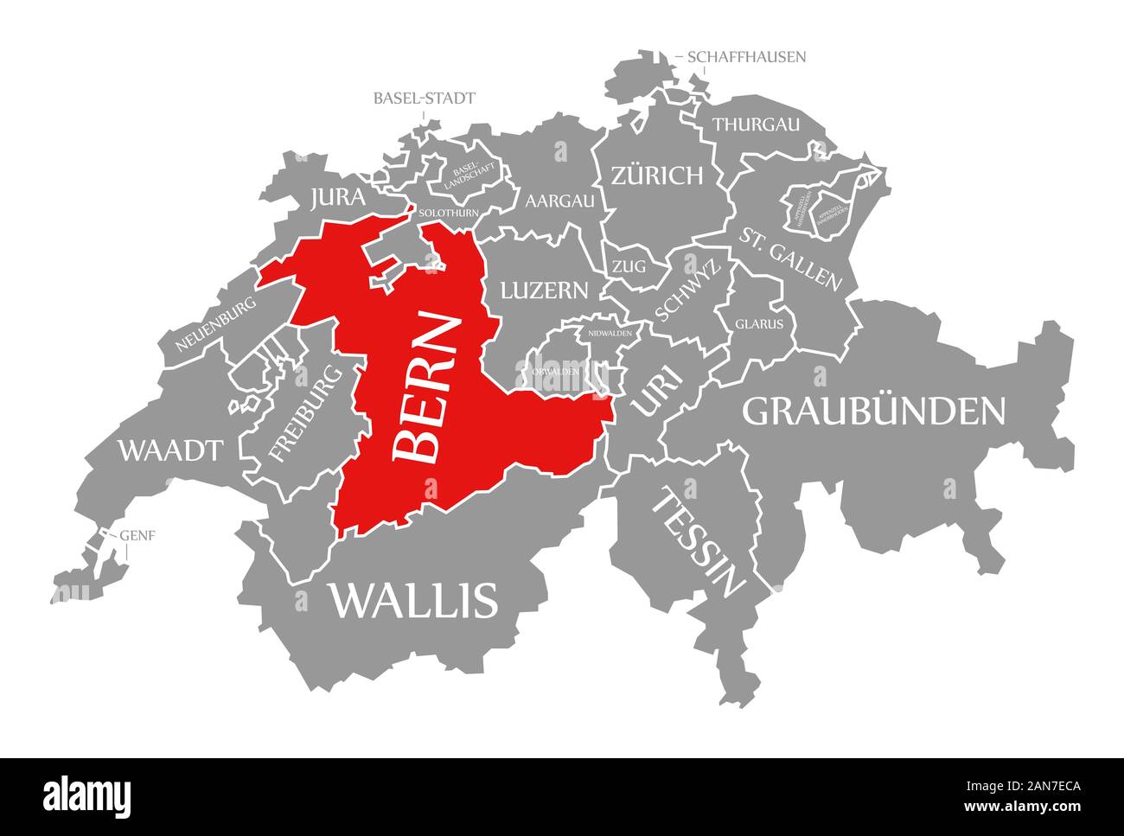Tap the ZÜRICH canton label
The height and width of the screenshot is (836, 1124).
(656, 176)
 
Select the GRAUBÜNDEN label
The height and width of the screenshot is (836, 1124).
(874, 412)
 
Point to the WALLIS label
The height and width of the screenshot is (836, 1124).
(412, 599)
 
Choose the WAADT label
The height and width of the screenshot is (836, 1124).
(170, 450)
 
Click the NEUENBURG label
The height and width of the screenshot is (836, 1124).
(215, 324)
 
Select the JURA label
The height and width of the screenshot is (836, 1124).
(337, 198)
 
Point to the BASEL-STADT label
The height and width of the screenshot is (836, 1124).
(424, 98)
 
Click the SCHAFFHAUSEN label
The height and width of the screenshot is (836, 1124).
(747, 57)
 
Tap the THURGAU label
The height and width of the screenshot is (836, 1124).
(756, 124)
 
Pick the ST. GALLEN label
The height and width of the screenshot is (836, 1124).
(789, 258)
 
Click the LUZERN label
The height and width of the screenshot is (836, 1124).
(544, 290)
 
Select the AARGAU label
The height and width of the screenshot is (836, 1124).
(559, 201)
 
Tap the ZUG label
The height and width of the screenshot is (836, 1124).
(629, 267)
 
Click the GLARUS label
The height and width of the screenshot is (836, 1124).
(759, 324)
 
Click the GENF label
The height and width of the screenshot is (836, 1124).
(137, 534)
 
